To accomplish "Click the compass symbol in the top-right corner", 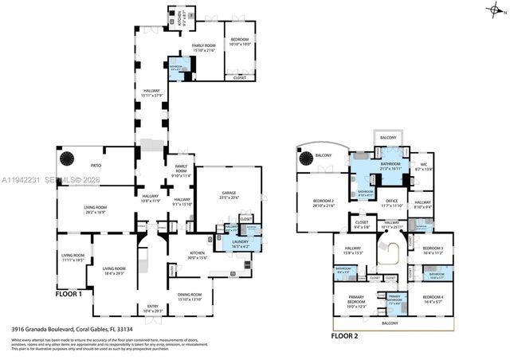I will tap(496, 10).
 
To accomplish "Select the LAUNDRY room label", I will tap(240, 243).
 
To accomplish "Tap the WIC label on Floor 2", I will tap(423, 166).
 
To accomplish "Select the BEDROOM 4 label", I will tap(433, 299).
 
